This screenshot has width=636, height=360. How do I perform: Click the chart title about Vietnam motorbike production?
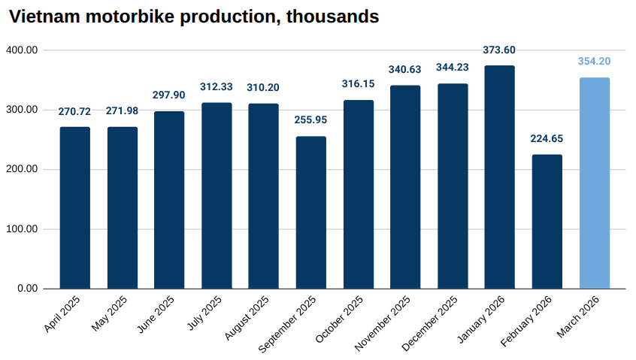tap(193, 16)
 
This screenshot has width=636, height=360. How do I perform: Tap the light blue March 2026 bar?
tap(595, 183)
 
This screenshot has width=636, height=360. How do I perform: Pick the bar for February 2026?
tap(547, 221)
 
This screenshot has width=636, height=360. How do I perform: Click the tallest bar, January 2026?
tap(500, 177)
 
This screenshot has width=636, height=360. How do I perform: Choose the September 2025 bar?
tap(311, 212)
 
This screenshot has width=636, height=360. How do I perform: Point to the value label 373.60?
tap(500, 50)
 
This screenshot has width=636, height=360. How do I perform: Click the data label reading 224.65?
tap(547, 139)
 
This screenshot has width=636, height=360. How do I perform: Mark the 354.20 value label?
tap(595, 62)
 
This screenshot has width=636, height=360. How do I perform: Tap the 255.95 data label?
tap(311, 120)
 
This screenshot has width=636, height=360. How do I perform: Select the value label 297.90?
tap(169, 95)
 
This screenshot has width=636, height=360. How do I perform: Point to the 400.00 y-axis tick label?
tap(23, 50)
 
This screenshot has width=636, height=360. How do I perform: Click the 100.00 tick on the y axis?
tap(23, 229)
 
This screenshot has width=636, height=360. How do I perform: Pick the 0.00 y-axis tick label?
tap(28, 289)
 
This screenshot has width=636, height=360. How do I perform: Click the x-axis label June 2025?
tap(157, 314)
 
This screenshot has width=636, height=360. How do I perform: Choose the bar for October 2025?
tap(359, 194)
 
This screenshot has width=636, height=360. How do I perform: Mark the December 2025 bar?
tap(453, 186)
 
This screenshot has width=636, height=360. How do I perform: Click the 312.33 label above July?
tap(217, 87)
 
